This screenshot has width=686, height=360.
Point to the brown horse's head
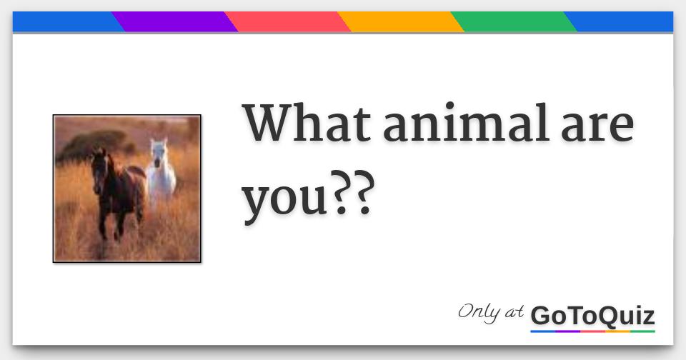(100, 166)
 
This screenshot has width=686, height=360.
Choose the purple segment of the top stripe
(174, 21)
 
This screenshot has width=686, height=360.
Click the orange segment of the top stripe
(400, 21)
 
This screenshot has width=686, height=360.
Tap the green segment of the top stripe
(513, 21)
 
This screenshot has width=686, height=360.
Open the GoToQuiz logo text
(592, 316)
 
